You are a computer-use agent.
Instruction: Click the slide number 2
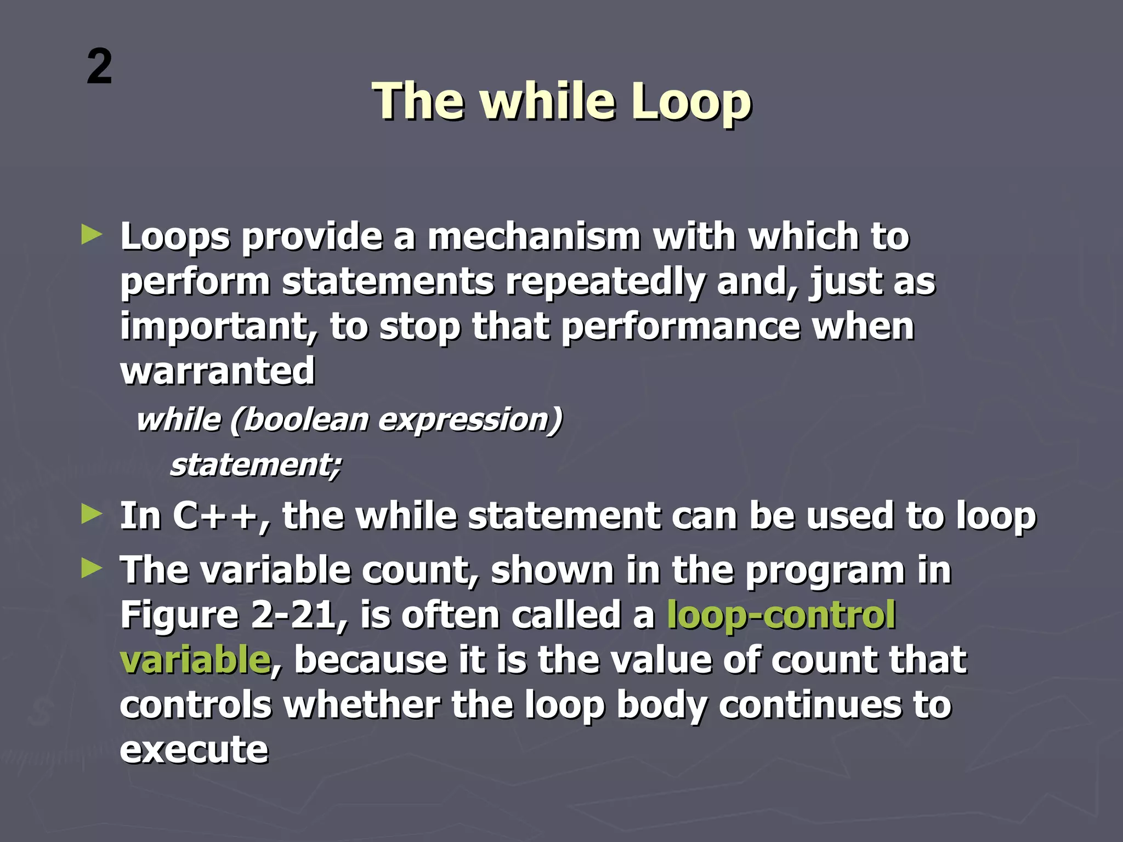click(99, 67)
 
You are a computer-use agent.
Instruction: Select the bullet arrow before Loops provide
click(92, 235)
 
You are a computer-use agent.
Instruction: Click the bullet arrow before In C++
click(92, 514)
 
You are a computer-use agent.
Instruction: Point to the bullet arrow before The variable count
click(92, 568)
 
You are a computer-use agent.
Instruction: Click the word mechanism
click(534, 237)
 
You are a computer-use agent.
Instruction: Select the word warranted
click(217, 371)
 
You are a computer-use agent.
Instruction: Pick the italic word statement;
click(256, 465)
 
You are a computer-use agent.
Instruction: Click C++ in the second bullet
click(214, 516)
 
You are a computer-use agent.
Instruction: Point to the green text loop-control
click(781, 615)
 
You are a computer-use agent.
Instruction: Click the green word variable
click(195, 660)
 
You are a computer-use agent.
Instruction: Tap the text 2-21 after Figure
click(298, 615)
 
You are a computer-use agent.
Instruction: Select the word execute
click(194, 750)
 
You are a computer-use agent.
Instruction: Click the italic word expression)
click(470, 421)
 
